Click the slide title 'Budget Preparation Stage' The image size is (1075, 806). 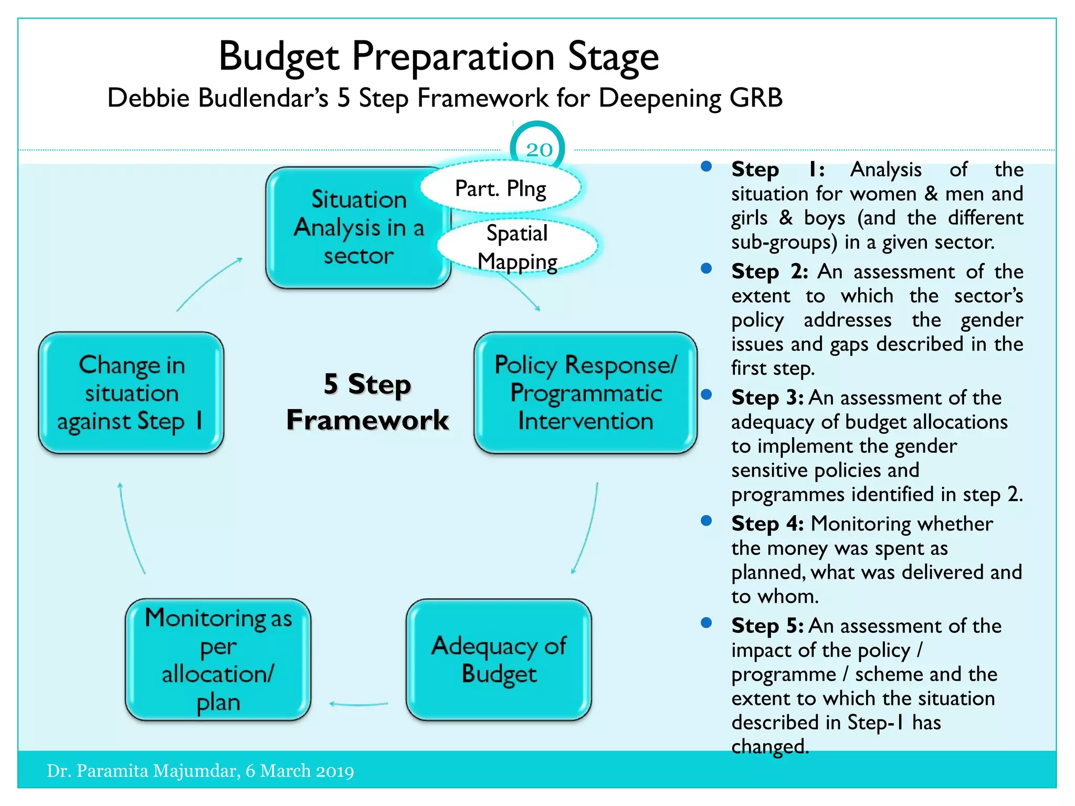click(x=438, y=57)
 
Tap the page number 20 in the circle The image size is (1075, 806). click(x=539, y=150)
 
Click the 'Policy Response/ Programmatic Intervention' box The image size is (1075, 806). click(x=585, y=393)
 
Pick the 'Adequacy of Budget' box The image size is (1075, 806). click(x=499, y=660)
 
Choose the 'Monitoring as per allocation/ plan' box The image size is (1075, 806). click(x=218, y=660)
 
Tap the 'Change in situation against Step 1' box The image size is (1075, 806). click(x=131, y=393)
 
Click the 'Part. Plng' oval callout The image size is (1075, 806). click(x=500, y=188)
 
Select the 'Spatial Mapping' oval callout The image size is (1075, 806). click(x=518, y=247)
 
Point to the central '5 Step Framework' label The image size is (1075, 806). click(x=367, y=402)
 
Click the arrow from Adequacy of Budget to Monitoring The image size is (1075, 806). click(x=359, y=704)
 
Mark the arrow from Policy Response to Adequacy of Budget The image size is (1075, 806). click(x=588, y=530)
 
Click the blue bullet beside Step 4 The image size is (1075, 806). click(x=707, y=521)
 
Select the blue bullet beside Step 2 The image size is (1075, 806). click(x=707, y=269)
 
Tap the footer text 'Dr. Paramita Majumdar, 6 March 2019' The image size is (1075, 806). click(x=201, y=771)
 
